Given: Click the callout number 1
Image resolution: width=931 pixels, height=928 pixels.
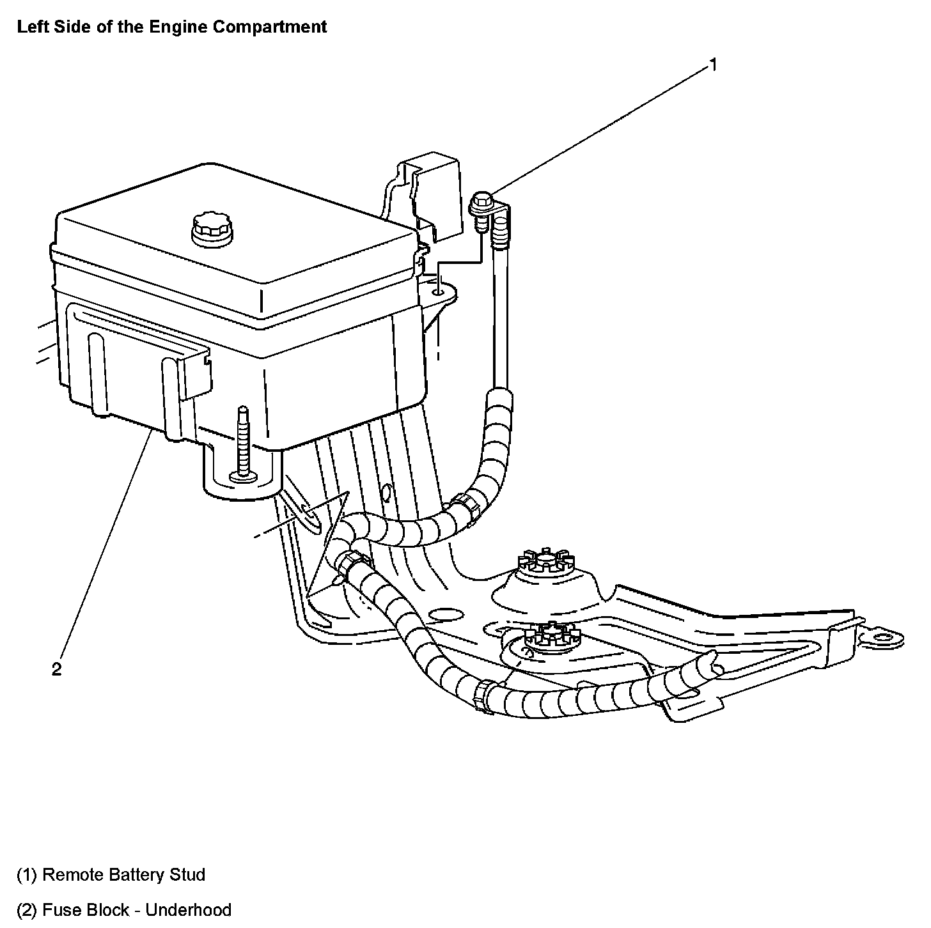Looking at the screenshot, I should tap(713, 65).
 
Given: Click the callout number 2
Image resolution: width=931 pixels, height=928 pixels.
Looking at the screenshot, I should tap(57, 669).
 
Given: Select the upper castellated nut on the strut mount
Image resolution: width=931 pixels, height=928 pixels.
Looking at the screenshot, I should tap(545, 561).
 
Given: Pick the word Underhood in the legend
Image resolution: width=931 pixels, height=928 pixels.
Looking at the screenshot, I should tap(189, 909).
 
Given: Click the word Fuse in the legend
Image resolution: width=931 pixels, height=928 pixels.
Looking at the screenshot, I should tap(58, 909).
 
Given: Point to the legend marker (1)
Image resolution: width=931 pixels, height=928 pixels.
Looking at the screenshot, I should tap(27, 874).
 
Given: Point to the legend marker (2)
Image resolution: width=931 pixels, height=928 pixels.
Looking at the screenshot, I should tap(27, 909).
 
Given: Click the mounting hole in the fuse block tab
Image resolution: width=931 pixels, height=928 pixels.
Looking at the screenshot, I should tap(438, 292).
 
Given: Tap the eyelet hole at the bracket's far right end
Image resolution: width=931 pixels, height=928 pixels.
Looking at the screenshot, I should tap(886, 637).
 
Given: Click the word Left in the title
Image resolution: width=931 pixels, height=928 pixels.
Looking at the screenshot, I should tap(31, 27).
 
